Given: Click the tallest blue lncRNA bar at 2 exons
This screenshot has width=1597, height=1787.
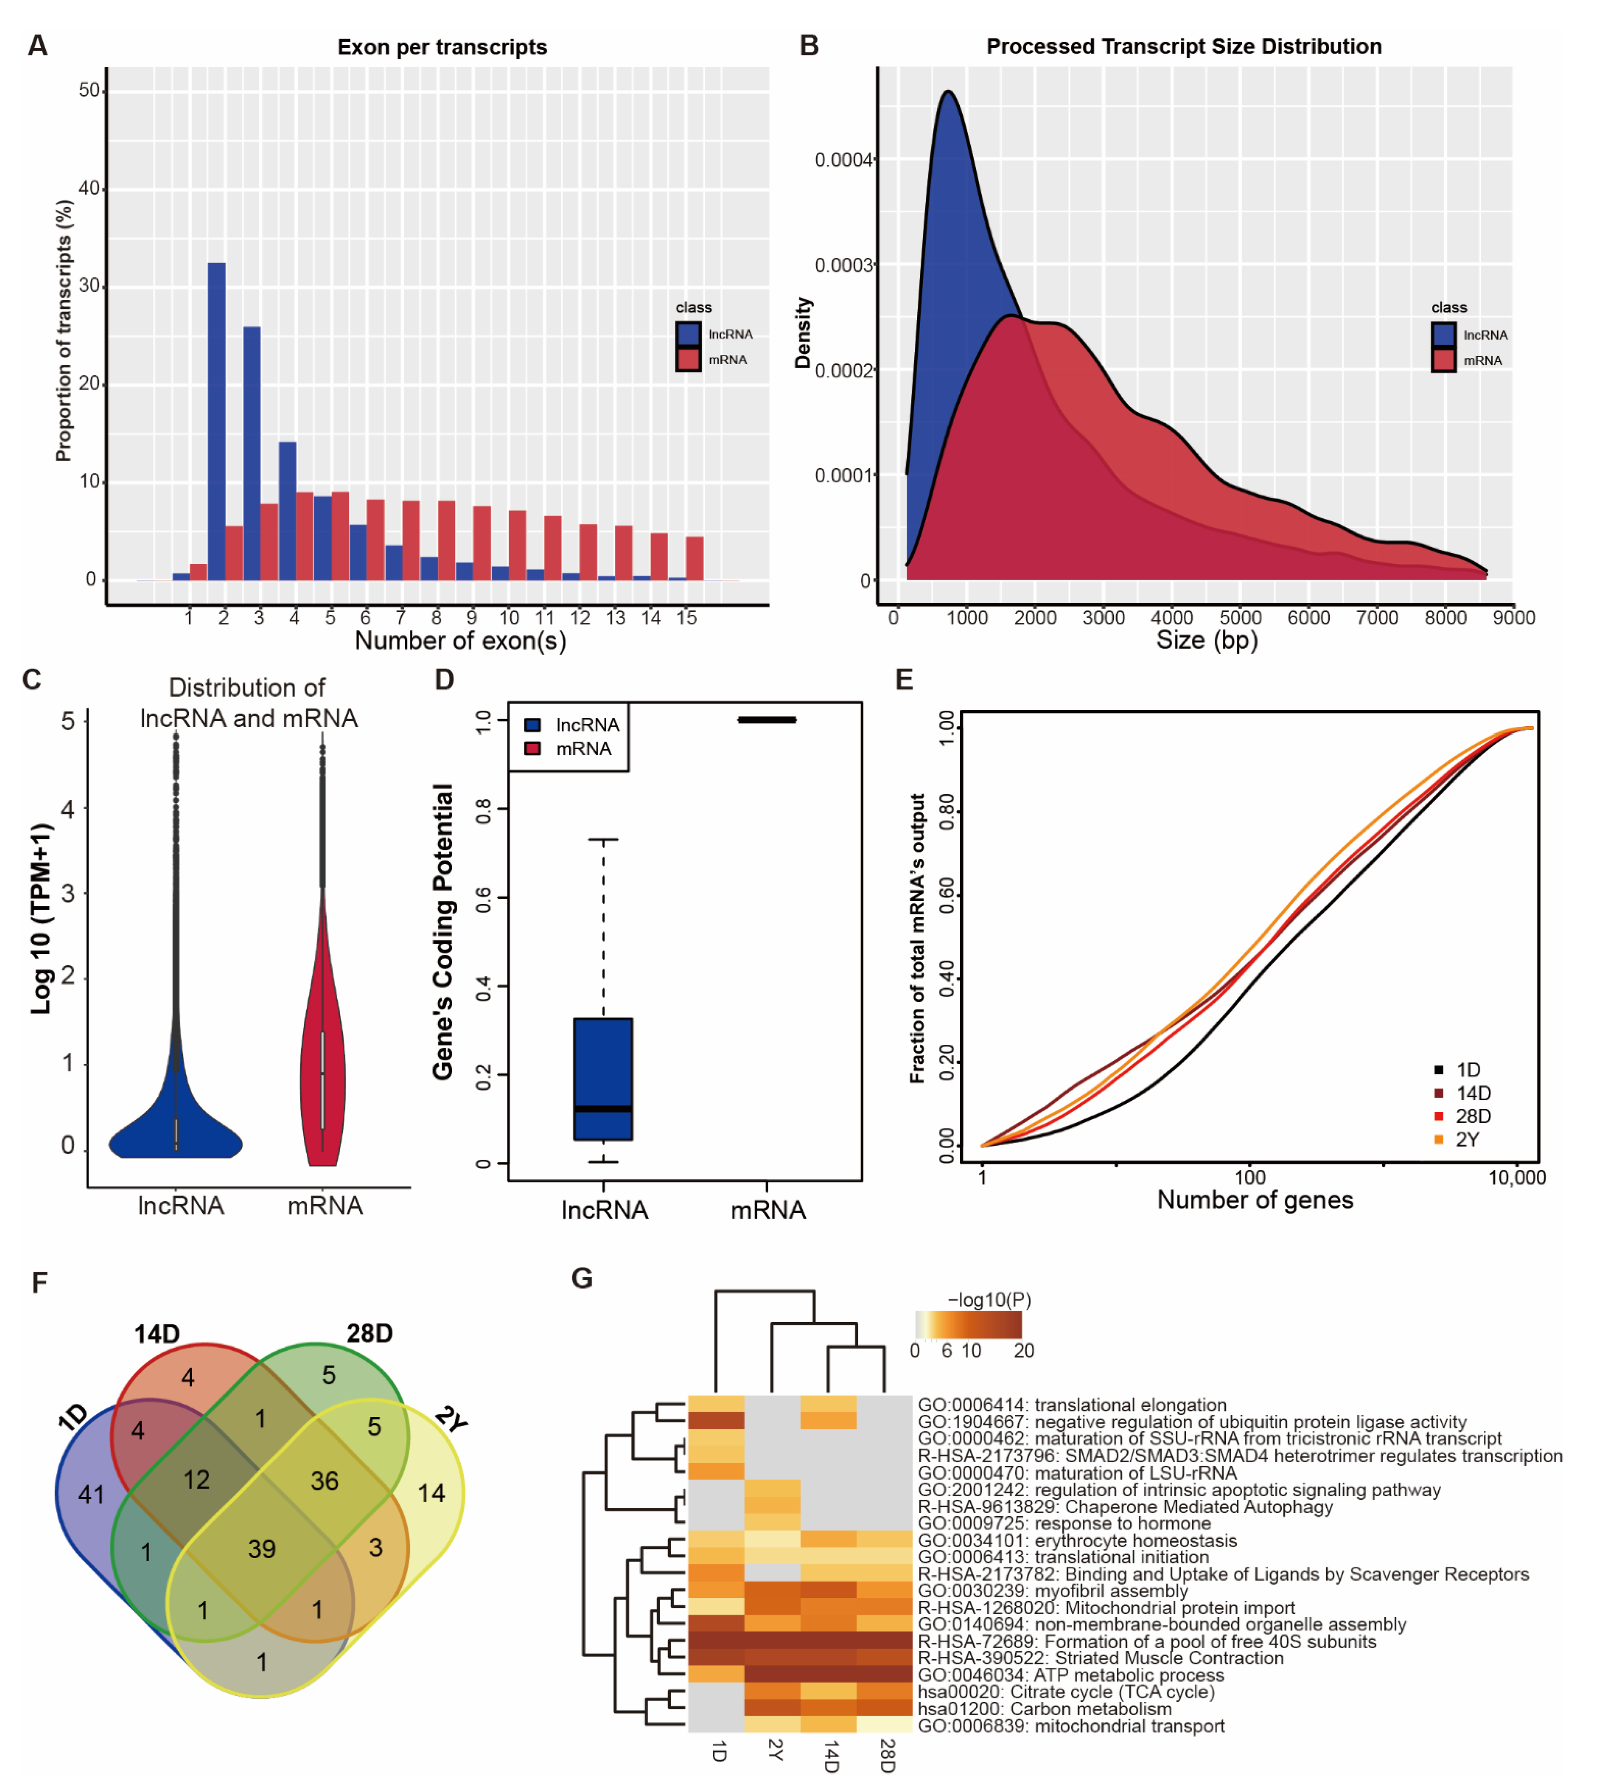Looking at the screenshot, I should (216, 421).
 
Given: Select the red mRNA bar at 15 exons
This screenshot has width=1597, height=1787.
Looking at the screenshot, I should (694, 558).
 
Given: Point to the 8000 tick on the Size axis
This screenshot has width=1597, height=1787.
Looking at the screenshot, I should (1444, 617).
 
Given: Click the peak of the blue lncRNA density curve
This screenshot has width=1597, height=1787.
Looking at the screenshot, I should (948, 92).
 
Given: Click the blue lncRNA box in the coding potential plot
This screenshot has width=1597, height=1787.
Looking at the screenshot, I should (603, 1079).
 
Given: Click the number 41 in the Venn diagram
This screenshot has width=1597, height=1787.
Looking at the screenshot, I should (91, 1494).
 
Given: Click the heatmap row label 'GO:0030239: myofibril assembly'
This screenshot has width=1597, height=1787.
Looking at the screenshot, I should (1052, 1590).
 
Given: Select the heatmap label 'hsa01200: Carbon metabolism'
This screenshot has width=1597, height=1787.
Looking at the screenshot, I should (1044, 1709).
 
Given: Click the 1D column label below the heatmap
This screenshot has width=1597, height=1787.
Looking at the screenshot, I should (718, 1751).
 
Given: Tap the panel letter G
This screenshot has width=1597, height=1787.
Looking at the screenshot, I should (582, 1278).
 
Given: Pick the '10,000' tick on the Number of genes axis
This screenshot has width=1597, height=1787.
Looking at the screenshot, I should (1516, 1178).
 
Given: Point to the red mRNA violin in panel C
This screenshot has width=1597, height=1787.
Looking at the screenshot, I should (323, 1053).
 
